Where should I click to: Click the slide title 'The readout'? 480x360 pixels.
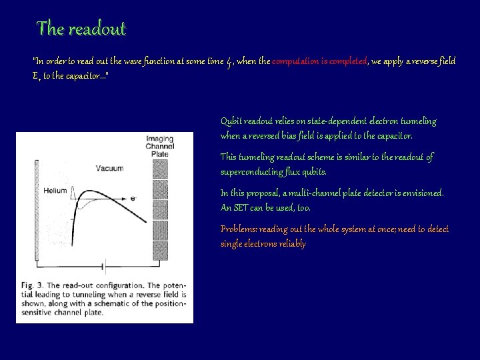(81, 29)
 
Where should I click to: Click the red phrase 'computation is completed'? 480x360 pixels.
(320, 61)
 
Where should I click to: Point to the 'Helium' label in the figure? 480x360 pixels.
(55, 191)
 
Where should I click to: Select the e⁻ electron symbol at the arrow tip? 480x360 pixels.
(133, 198)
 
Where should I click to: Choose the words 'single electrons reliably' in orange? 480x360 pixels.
(263, 244)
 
